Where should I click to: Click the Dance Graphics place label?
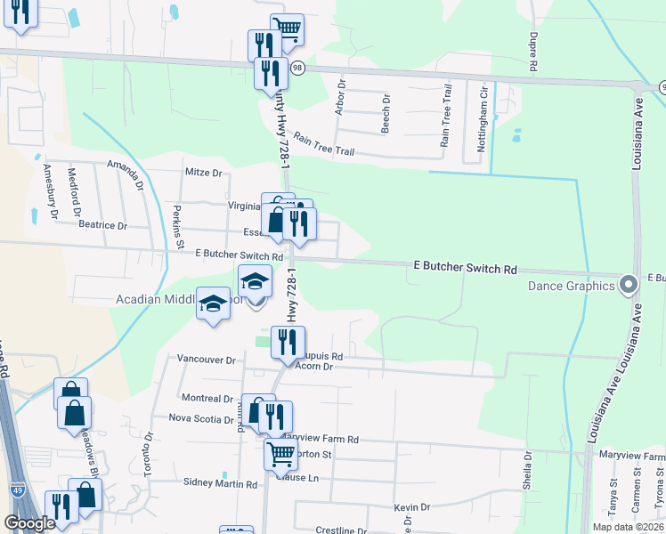(571, 286)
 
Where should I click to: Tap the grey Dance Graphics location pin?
(629, 286)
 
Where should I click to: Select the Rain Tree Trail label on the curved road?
(324, 145)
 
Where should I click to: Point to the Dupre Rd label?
(532, 52)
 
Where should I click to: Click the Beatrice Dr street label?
(102, 225)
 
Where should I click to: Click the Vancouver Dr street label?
(205, 360)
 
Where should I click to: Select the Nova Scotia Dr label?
(200, 417)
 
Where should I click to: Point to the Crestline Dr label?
(336, 530)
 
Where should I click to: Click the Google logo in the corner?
(29, 524)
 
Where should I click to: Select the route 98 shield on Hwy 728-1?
(297, 68)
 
